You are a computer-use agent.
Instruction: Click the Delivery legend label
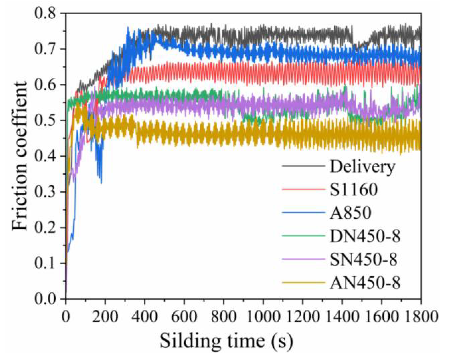point(362,167)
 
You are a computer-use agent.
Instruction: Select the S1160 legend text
point(354,190)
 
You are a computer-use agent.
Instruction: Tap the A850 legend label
point(351,213)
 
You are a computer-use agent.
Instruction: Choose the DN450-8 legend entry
point(365,236)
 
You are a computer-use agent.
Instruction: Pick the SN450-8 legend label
point(364,259)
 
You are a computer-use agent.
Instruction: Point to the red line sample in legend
point(304,189)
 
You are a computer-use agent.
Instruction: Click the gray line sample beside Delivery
point(304,166)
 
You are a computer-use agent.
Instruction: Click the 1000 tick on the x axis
point(263,316)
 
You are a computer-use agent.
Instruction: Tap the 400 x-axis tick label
point(145,316)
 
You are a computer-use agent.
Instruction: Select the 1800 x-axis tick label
point(421,316)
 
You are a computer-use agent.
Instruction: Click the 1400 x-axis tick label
point(342,316)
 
